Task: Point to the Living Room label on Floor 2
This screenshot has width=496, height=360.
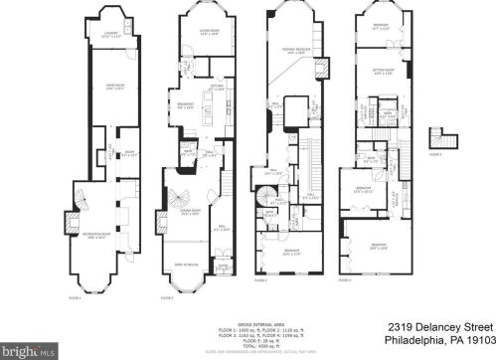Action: pyautogui.click(x=195, y=33)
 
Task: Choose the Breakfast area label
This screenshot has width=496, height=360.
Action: pyautogui.click(x=186, y=103)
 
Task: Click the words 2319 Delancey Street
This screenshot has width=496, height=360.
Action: pyautogui.click(x=434, y=326)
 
